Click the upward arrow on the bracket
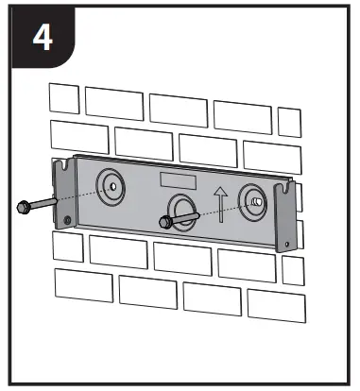pos(221,204)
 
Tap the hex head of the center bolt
pos(165,223)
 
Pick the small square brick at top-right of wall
pos(289,120)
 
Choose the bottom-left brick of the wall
pos(83,284)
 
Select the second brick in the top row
pos(113,102)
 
